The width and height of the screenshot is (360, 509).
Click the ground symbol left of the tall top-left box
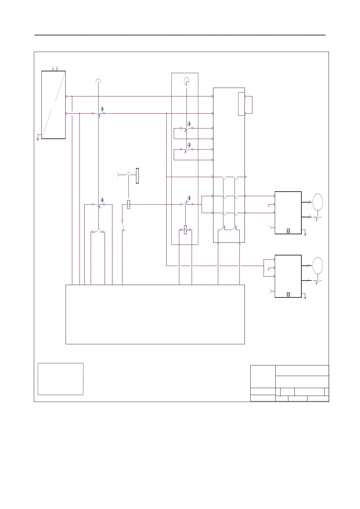[38, 139]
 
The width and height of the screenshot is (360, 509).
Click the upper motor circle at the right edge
[318, 202]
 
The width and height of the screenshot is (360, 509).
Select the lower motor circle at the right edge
[318, 265]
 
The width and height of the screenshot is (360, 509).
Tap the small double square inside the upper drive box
[288, 231]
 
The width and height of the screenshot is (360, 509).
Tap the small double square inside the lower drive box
[288, 294]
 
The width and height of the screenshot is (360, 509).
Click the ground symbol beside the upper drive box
[305, 234]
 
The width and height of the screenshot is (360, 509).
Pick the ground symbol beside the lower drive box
[305, 298]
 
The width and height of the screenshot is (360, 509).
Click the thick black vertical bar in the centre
[137, 176]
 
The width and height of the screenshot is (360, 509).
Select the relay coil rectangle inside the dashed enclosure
[185, 230]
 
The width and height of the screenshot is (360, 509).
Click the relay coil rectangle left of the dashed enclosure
[128, 205]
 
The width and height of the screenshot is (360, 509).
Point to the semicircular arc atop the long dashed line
[98, 81]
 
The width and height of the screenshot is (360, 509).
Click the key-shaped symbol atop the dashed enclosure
[186, 81]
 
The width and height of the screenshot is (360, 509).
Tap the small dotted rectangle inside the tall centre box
[241, 104]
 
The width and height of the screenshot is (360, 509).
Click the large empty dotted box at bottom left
[60, 379]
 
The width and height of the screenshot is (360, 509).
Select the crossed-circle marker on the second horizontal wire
[102, 109]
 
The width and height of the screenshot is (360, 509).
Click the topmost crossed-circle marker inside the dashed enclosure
[189, 124]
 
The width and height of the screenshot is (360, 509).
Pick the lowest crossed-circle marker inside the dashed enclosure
[189, 198]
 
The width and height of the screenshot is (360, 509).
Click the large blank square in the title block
[263, 376]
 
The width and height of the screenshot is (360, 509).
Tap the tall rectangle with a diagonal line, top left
[54, 105]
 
